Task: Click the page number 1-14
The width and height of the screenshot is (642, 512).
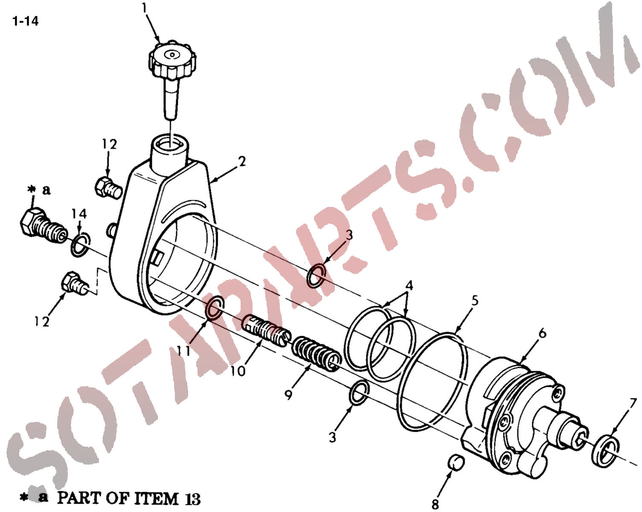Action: pyautogui.click(x=25, y=21)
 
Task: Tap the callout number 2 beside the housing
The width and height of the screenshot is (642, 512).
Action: pyautogui.click(x=242, y=161)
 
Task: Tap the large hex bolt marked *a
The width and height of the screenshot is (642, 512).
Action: pyautogui.click(x=44, y=226)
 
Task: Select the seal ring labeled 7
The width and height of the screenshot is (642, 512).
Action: pyautogui.click(x=605, y=451)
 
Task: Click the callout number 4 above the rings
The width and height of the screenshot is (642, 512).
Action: pyautogui.click(x=410, y=285)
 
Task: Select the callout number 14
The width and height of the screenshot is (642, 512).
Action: pyautogui.click(x=79, y=214)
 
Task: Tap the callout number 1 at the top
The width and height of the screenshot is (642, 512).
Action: pyautogui.click(x=145, y=8)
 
